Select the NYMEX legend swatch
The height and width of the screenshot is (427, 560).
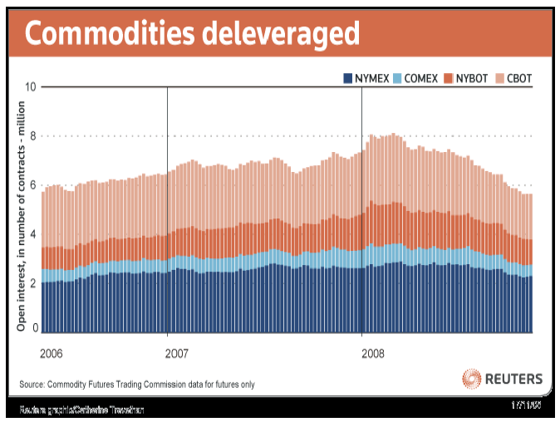tap(348, 79)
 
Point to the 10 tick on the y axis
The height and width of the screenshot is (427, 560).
tap(31, 86)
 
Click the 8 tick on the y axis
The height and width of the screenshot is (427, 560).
tap(33, 136)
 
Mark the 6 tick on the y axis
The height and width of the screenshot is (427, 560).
tap(33, 185)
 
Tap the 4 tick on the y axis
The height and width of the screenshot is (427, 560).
tap(33, 234)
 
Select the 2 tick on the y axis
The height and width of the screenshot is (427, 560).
tap(33, 283)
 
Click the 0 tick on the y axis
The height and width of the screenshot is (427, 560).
tap(34, 328)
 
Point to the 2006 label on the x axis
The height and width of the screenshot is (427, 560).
tap(52, 353)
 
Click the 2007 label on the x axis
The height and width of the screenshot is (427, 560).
tap(177, 353)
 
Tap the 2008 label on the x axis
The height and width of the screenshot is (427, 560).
tap(373, 353)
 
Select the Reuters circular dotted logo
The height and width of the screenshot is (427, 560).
tap(472, 379)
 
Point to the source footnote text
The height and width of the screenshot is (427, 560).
tap(137, 384)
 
